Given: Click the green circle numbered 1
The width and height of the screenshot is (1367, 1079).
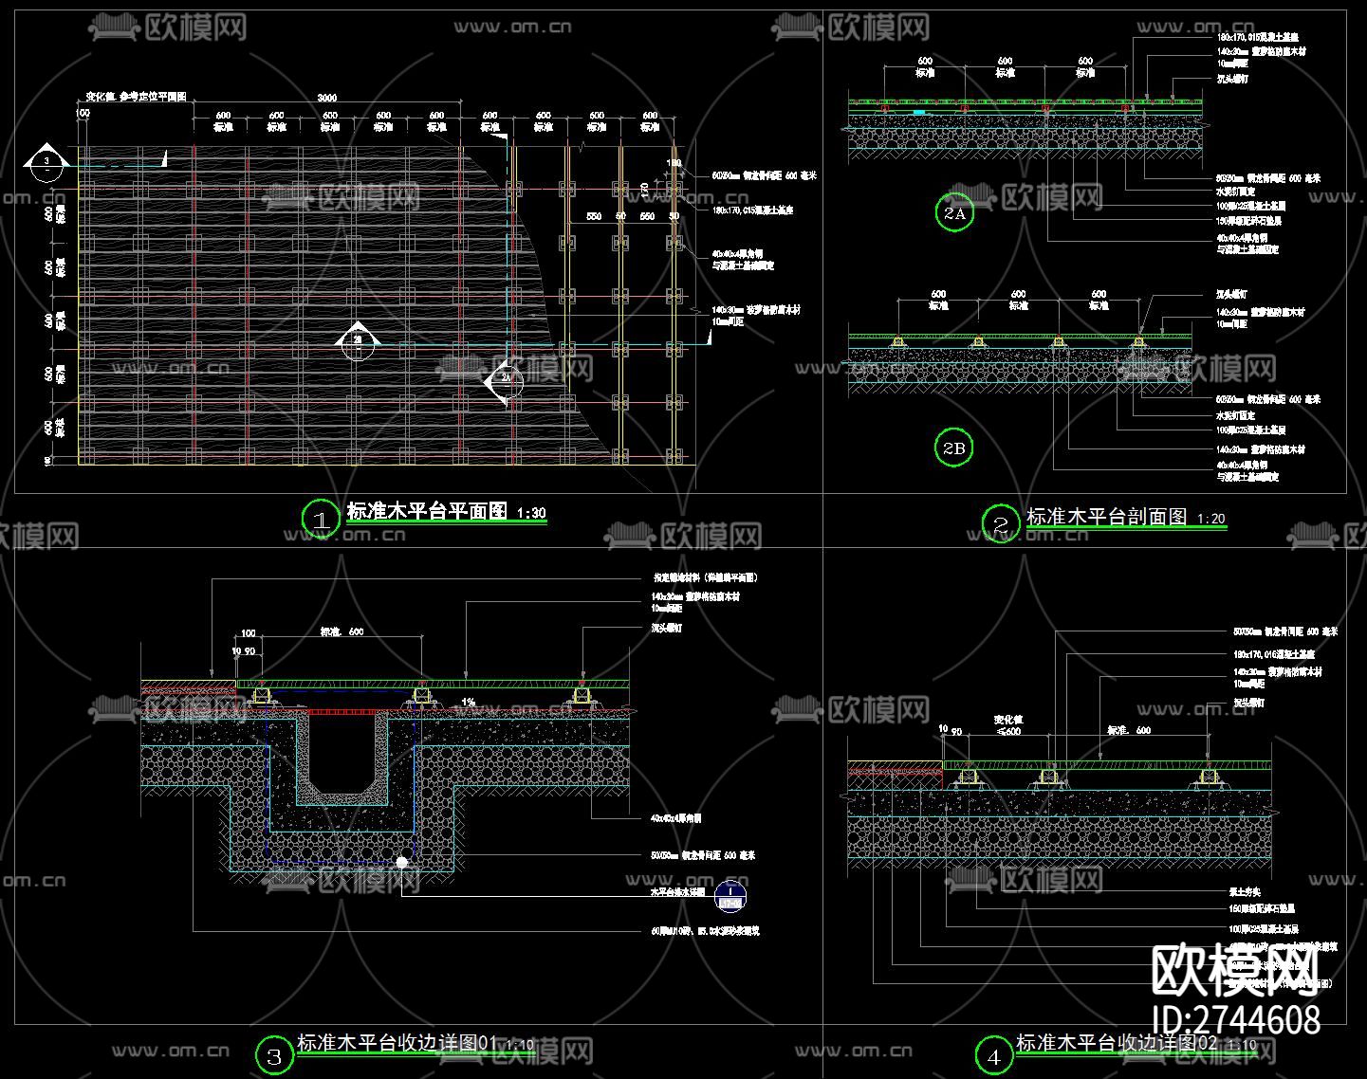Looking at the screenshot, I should (320, 519).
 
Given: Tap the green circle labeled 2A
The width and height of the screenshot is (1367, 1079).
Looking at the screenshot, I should (954, 212).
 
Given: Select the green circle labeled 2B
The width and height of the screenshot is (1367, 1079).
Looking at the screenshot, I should (954, 448).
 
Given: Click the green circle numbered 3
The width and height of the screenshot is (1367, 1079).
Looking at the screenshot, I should (275, 1055).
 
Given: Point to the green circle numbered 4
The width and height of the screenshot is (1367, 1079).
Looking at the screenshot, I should (994, 1055).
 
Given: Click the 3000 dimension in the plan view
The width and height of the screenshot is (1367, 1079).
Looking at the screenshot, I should (326, 98).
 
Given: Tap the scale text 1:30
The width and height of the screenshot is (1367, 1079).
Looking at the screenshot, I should (531, 514).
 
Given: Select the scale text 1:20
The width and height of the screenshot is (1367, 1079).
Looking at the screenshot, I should (1211, 519).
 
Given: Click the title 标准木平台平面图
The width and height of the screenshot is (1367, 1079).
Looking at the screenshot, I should (427, 512).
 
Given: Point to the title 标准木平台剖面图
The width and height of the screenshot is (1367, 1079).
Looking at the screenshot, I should (1107, 517).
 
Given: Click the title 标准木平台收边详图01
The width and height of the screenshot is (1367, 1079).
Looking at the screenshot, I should (397, 1043).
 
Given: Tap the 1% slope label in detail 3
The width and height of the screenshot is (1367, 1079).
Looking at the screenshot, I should (468, 703).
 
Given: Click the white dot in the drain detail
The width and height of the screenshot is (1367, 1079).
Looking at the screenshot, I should (402, 862).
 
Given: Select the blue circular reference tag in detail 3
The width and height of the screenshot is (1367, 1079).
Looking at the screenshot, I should (730, 893).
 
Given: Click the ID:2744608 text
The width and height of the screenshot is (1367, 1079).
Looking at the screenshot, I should (1235, 1020).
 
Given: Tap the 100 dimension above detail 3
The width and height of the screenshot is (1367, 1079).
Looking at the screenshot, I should (249, 632).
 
